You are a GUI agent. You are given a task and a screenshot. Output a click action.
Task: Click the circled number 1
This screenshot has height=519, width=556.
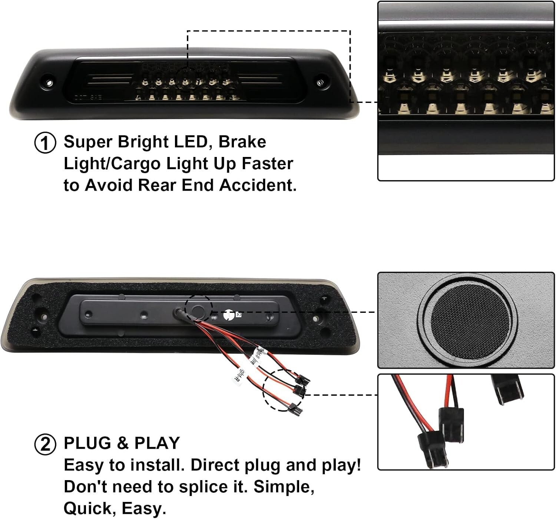click(45, 143)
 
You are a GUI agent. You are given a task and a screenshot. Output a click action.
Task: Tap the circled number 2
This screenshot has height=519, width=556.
click(45, 444)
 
